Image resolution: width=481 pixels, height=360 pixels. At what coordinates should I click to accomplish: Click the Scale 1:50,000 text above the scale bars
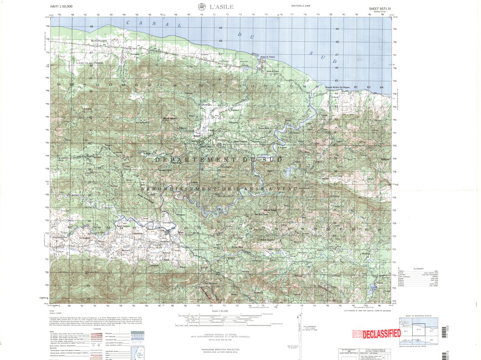click(x=219, y=311)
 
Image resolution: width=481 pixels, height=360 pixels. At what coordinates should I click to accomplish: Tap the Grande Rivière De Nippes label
click(x=337, y=87)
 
